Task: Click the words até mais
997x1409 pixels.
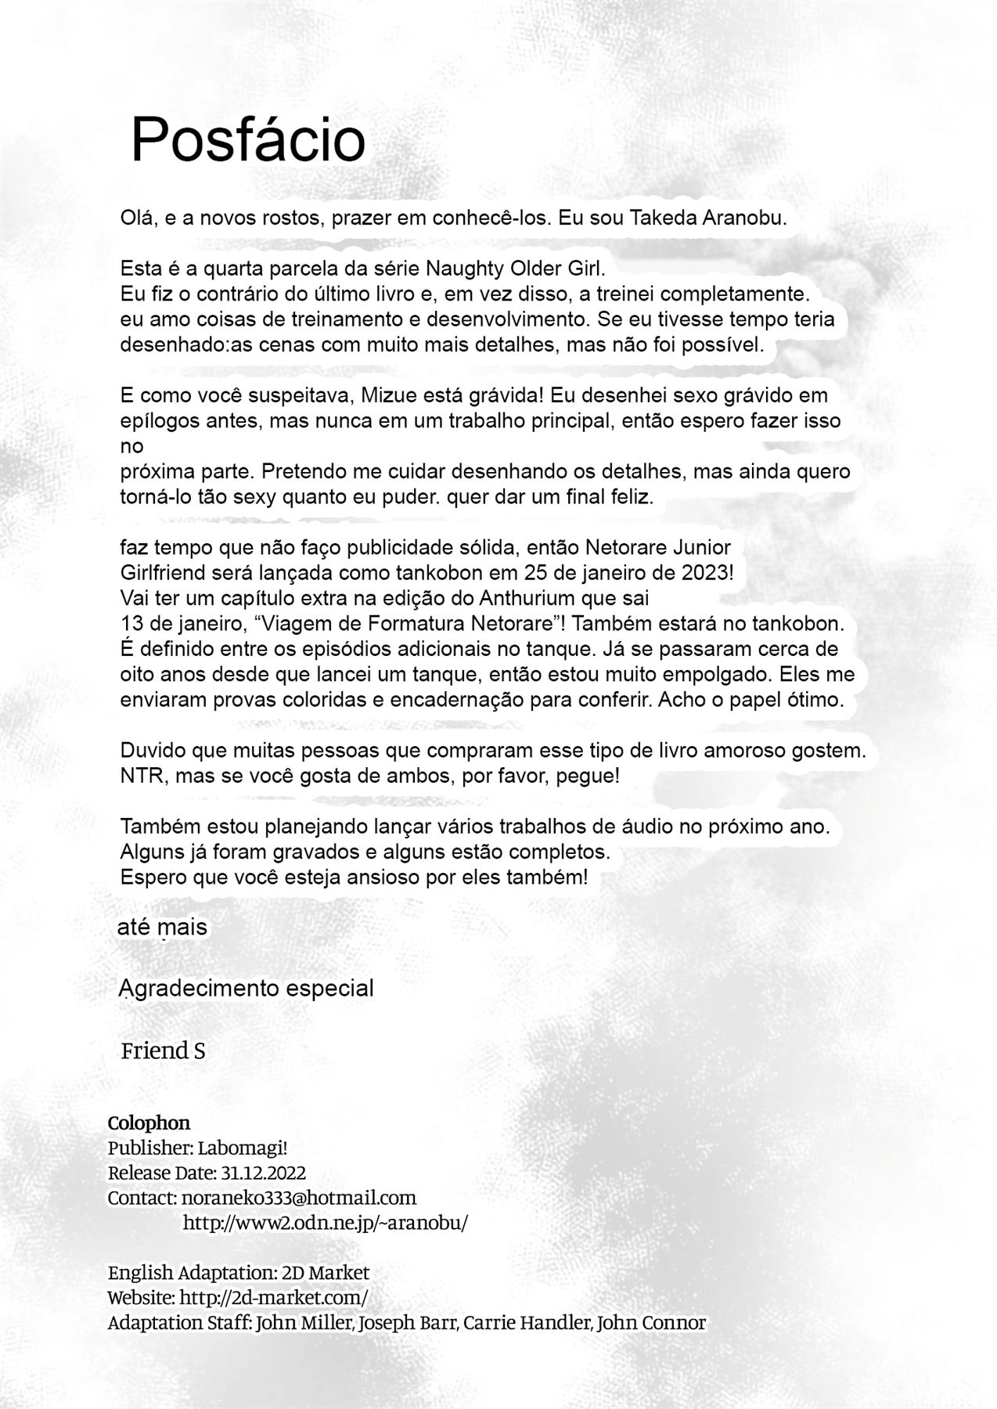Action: (162, 928)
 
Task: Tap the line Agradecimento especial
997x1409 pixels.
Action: (247, 988)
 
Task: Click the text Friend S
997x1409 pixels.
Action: (163, 1050)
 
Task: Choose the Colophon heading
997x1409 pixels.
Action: (149, 1123)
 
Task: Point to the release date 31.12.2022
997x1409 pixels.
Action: (263, 1173)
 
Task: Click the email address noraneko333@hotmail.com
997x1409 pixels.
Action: (299, 1198)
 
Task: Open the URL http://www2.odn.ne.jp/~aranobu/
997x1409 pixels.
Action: (326, 1223)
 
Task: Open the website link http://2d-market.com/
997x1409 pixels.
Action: (274, 1297)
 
